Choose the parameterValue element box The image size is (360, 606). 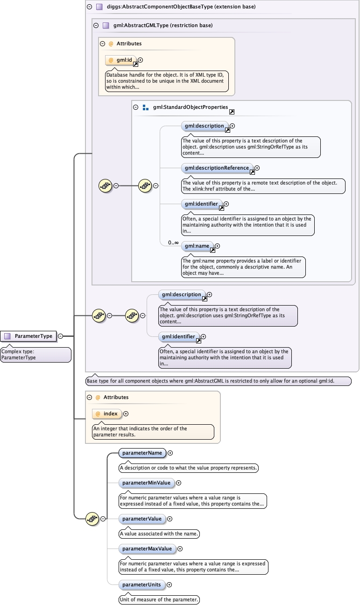pos(142,519)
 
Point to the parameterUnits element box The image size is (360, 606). pos(141,585)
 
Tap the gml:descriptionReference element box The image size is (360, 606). pos(217,168)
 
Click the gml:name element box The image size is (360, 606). pos(197,246)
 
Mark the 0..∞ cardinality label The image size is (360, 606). pos(173,242)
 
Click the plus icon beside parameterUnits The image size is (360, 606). pos(169,585)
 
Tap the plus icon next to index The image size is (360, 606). pos(126,414)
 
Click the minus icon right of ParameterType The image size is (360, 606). pos(61,336)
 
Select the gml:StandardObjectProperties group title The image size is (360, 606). pos(190,107)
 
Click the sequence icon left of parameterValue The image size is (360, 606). pos(92,518)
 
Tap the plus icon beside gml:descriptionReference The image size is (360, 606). pos(257,168)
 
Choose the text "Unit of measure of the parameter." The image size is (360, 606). pos(160,599)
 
